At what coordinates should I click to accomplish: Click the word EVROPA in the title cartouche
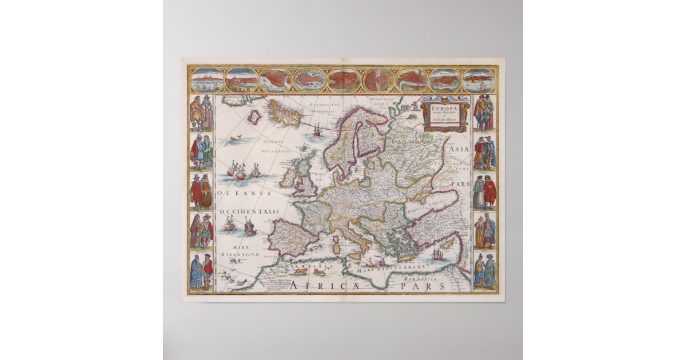point(437,106)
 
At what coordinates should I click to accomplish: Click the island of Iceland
point(284,113)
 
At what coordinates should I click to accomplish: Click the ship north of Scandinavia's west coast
point(317,129)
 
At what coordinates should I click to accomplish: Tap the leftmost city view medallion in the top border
point(208,80)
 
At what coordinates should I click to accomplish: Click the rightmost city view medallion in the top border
point(478,80)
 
